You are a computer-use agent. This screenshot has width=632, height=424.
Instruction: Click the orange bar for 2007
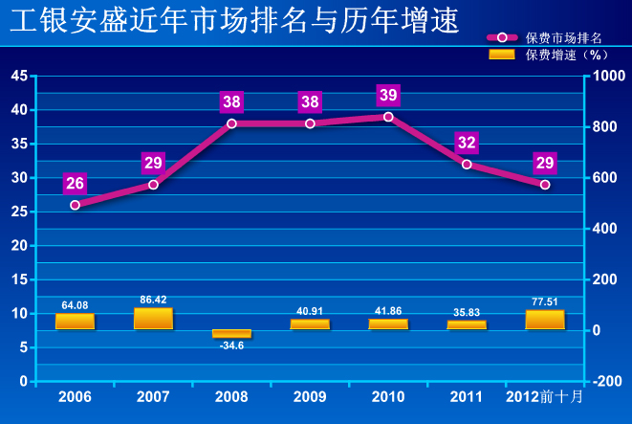[x=153, y=319]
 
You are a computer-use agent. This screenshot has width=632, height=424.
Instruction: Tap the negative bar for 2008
[x=231, y=333]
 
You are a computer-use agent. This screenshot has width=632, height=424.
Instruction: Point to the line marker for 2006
[x=75, y=205]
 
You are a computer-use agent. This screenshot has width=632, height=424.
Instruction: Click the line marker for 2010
[x=388, y=117]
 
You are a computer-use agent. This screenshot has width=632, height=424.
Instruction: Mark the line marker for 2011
[x=467, y=165]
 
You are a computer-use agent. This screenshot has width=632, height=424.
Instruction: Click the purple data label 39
[x=388, y=95]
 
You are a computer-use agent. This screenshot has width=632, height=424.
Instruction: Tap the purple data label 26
[x=75, y=183]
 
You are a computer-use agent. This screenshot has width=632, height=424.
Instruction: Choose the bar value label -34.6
[x=231, y=345]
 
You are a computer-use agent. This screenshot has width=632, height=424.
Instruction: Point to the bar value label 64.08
[x=75, y=305]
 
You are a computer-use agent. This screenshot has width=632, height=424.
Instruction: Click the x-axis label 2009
[x=310, y=395]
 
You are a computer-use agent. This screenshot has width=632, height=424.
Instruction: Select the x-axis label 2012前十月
[x=544, y=395]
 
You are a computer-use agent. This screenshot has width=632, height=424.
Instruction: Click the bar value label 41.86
[x=388, y=311]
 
